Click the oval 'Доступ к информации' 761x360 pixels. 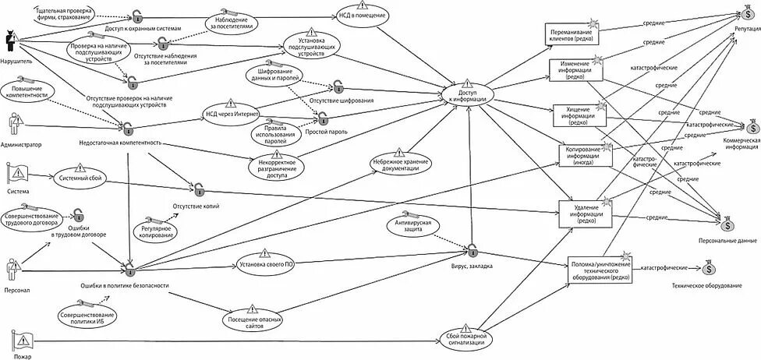[468, 96]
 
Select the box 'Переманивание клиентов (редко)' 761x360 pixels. [573, 34]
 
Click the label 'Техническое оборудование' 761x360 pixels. [706, 286]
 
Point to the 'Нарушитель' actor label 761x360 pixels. [16, 58]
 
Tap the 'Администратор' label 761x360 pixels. [21, 144]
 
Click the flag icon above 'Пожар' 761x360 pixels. [22, 339]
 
